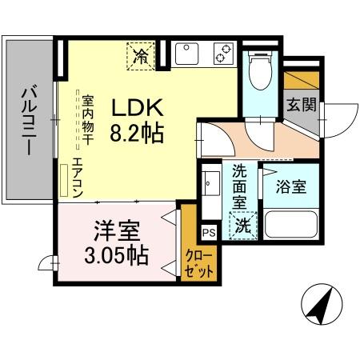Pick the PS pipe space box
[209, 233]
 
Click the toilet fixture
[258, 73]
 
